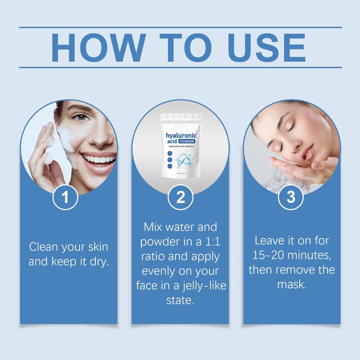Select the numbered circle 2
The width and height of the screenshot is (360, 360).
pos(180,198)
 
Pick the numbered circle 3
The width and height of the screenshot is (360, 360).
pos(291,198)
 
